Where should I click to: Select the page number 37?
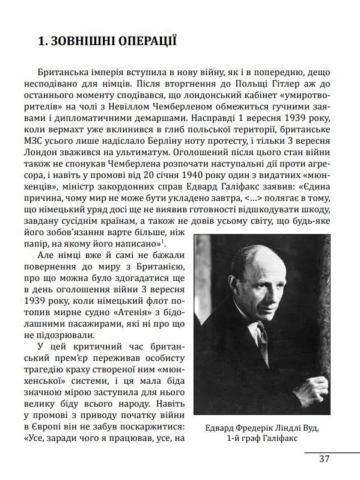click(x=325, y=458)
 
